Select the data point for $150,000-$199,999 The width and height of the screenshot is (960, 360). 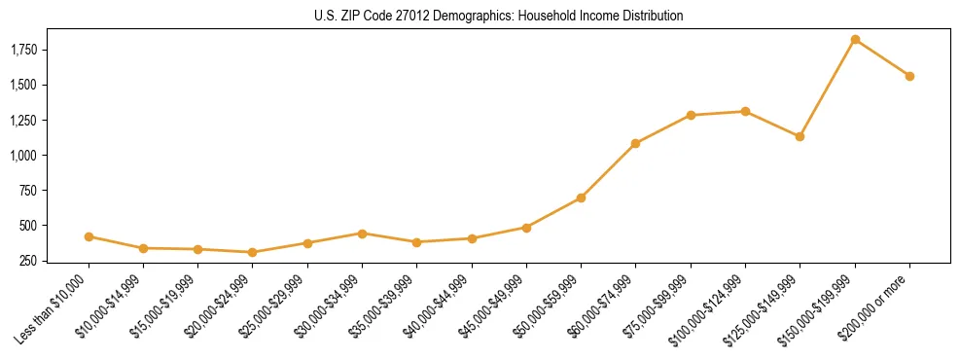click(855, 40)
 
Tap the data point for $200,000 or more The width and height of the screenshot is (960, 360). click(909, 76)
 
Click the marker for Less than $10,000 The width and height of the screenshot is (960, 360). click(89, 236)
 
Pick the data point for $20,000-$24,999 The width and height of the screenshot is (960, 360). click(253, 252)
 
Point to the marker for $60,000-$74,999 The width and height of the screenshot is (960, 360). click(636, 143)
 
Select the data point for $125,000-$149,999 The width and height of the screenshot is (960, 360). click(800, 136)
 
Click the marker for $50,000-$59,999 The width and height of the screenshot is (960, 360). click(581, 198)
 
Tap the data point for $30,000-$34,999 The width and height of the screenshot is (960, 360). click(362, 234)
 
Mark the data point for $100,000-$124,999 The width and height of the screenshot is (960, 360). click(745, 111)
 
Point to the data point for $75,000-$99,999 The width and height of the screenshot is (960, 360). click(691, 115)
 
